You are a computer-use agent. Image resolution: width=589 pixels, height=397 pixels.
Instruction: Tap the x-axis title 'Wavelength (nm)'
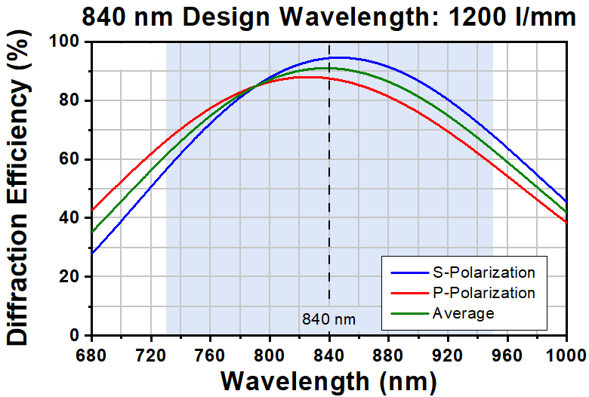329,382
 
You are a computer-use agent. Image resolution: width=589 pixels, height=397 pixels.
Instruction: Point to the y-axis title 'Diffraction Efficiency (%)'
17,188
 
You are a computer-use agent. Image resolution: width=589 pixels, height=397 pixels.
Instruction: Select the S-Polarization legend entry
463,272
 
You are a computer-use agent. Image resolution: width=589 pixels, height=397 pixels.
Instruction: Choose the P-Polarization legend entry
463,293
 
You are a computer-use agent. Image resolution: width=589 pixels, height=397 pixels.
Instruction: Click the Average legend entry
443,313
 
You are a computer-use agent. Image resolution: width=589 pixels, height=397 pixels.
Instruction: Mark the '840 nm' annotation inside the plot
328,319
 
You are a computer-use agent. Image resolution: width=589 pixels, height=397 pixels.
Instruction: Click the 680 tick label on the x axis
91,355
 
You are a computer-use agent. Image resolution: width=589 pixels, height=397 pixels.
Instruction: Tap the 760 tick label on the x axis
211,355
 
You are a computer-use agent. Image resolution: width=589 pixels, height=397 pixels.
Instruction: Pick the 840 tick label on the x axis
329,355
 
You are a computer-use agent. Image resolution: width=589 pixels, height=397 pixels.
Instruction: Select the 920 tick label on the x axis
448,355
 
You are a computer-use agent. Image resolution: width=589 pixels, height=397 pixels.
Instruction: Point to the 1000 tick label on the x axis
569,355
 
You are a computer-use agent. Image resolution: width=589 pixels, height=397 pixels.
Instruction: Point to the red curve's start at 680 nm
92,210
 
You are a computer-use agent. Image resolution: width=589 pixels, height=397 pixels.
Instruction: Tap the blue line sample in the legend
409,272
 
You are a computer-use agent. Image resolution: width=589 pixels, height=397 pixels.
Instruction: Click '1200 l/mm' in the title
513,17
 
